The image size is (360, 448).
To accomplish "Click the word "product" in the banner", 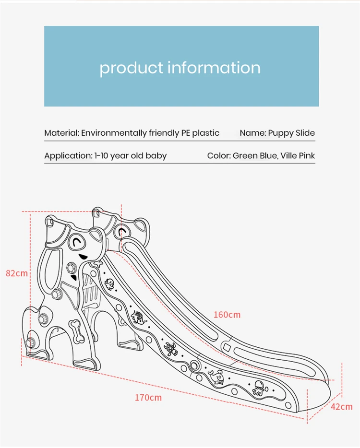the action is click(x=131, y=68).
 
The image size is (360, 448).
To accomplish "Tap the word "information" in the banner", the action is click(x=214, y=68).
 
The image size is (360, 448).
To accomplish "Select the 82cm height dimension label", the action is click(x=16, y=273).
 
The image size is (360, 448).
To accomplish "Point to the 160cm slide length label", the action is click(x=227, y=315).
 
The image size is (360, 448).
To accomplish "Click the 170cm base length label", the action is click(x=148, y=398).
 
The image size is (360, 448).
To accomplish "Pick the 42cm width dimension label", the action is click(x=341, y=407).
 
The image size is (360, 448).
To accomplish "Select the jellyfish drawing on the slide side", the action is click(x=259, y=387).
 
